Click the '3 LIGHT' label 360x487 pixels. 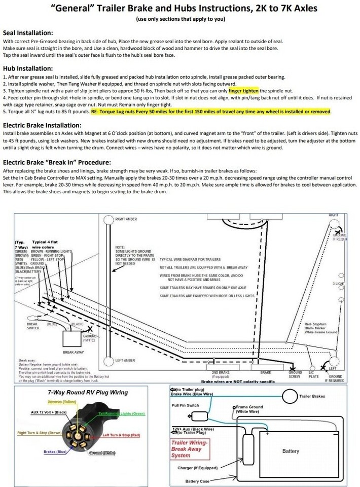point(339,284)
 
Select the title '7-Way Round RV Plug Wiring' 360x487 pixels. point(88,392)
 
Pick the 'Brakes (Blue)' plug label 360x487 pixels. point(56,451)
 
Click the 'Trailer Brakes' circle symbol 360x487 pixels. point(290,396)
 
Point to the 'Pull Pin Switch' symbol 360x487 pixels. point(200,416)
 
